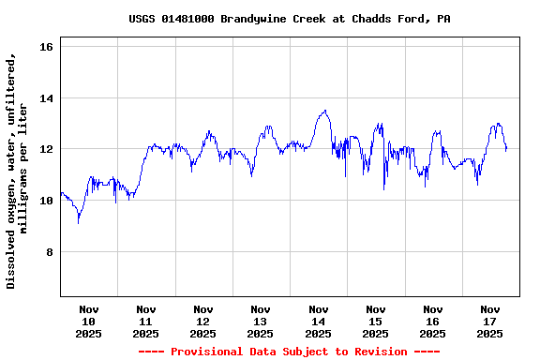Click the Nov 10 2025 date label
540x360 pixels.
[x=89, y=321]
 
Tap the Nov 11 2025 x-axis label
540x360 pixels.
[x=146, y=321]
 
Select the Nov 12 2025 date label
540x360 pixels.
[x=203, y=321]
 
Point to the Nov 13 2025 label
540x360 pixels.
[x=261, y=321]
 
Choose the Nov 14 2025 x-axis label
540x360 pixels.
[x=318, y=321]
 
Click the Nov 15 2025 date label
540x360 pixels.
[x=375, y=321]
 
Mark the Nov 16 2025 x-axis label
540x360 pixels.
[x=432, y=321]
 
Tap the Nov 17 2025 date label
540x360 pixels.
[x=489, y=321]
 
